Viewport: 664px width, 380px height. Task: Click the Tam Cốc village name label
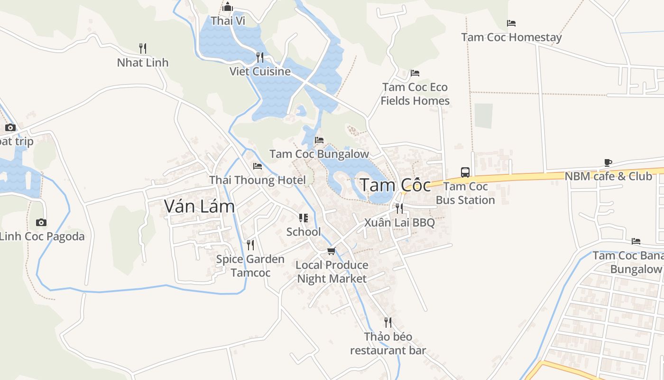395,185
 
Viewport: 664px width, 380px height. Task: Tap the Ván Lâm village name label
199,206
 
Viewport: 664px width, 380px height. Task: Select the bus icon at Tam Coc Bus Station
465,172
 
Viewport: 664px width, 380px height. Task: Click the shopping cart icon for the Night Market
332,251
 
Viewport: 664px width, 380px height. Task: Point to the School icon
303,218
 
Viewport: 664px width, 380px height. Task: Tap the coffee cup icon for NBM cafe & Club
608,162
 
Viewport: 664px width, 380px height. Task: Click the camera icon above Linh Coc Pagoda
41,222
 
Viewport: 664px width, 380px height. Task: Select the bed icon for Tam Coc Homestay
511,23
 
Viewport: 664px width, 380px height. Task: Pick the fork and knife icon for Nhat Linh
143,48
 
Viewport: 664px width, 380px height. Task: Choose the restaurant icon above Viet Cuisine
260,57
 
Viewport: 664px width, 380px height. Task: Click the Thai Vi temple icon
228,7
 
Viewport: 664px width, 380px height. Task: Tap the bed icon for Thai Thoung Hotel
258,166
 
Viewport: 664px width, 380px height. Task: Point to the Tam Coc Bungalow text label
319,154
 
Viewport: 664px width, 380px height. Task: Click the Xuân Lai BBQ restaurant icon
399,208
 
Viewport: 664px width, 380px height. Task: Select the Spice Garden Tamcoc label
250,266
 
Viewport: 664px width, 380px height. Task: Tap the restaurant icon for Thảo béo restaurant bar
388,323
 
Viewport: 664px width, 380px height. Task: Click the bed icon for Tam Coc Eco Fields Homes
415,73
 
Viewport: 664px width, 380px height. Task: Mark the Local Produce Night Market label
332,272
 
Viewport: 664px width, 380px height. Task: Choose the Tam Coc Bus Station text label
465,193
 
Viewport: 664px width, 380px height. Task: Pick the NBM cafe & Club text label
608,176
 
